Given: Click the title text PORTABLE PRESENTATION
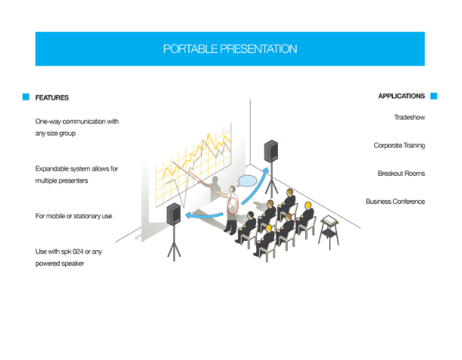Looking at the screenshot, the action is pos(230,49).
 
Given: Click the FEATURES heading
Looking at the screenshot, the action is pos(52,98).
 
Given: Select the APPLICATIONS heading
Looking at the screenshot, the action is pos(401,96).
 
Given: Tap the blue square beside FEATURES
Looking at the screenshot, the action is pos(26,97).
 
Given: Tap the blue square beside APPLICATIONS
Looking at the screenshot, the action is pos(434,96).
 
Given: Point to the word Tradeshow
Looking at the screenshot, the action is pos(410,117).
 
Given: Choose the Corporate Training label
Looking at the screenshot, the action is pos(399,146).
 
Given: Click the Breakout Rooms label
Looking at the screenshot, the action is pos(401,174).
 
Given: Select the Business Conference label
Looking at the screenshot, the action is pos(395,202).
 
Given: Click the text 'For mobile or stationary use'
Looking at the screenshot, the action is pos(73,216).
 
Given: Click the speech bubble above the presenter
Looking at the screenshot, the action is pos(247,180).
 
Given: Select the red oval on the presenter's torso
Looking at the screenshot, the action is pos(233,206).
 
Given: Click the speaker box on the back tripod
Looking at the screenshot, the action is pos(271,151).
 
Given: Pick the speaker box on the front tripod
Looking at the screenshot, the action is pos(173,214).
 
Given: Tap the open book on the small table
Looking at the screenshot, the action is pos(329,220).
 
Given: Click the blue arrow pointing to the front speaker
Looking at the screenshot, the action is pos(204,215).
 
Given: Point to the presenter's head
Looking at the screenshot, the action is pos(233,189).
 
